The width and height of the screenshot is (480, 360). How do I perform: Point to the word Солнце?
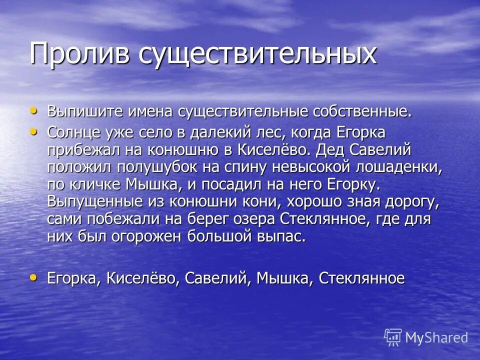point(75,133)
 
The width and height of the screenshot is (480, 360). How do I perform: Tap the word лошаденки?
point(398,167)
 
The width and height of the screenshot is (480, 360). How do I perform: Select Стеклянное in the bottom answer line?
point(362,278)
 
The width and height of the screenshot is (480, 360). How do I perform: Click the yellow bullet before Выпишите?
point(33,110)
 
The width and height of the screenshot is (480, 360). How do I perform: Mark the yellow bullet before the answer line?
point(33,277)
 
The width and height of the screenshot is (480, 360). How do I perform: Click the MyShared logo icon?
point(393,337)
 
